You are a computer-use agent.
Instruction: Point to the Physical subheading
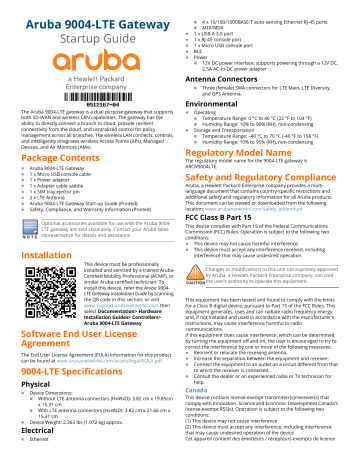click(18, 382)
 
